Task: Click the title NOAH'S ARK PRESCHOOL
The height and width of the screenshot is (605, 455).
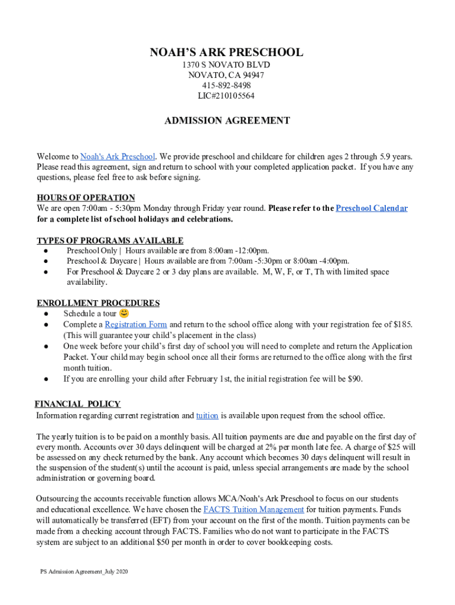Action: point(226,53)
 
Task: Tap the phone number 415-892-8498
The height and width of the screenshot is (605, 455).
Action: point(226,86)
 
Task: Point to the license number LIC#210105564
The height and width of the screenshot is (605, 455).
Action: point(226,96)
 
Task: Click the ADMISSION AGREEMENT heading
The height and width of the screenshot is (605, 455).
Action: point(227,121)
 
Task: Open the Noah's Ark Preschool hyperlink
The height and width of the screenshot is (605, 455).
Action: point(118,157)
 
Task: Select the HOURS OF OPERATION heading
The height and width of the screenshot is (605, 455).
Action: point(86,197)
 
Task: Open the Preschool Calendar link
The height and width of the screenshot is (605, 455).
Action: point(371,208)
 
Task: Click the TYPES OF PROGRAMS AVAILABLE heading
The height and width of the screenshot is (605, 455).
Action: point(110,240)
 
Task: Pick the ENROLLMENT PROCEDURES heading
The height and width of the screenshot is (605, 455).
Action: point(98,303)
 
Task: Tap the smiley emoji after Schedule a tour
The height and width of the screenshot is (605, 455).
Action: point(124,313)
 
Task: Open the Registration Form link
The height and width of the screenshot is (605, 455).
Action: point(135,324)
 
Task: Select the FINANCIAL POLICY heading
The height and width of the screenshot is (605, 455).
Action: point(77,404)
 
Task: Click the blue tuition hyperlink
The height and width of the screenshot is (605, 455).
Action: point(207,415)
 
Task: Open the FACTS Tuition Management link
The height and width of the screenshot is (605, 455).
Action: point(253,509)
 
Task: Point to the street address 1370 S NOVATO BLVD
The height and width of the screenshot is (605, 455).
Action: point(226,64)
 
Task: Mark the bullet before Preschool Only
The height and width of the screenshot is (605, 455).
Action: point(45,251)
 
